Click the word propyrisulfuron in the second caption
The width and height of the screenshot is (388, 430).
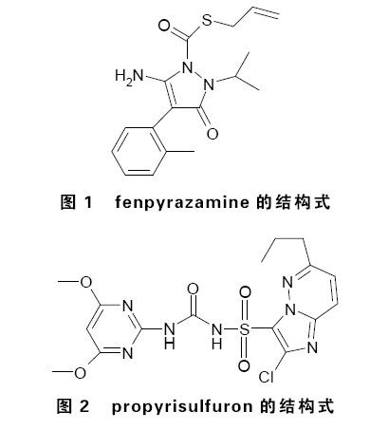pyautogui.click(x=182, y=406)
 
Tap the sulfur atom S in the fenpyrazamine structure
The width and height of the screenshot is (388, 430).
pyautogui.click(x=207, y=20)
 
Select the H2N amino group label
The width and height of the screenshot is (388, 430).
pyautogui.click(x=129, y=77)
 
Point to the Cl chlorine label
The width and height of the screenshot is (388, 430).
pyautogui.click(x=266, y=377)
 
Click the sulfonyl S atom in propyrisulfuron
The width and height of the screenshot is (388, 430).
pyautogui.click(x=244, y=329)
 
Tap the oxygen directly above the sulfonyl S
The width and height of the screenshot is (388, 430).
pyautogui.click(x=245, y=292)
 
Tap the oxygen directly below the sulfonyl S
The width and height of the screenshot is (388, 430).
pyautogui.click(x=245, y=365)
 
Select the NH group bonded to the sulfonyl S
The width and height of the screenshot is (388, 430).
pyautogui.click(x=217, y=335)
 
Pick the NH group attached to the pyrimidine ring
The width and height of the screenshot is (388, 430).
pyautogui.click(x=170, y=335)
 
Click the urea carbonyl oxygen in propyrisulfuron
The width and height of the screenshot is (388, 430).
pyautogui.click(x=193, y=289)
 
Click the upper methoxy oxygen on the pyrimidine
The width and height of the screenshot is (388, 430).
pyautogui.click(x=85, y=282)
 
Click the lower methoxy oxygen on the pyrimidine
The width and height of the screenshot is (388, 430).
pyautogui.click(x=80, y=373)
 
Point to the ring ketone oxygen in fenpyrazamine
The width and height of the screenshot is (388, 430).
pyautogui.click(x=212, y=134)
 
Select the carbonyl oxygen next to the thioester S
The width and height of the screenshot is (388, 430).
pyautogui.click(x=164, y=26)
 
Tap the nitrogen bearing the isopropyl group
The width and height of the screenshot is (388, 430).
pyautogui.click(x=209, y=84)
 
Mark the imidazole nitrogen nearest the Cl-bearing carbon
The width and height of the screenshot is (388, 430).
pyautogui.click(x=312, y=347)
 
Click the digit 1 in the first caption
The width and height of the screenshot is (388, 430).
pyautogui.click(x=88, y=202)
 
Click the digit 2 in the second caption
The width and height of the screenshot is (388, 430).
pyautogui.click(x=84, y=406)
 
